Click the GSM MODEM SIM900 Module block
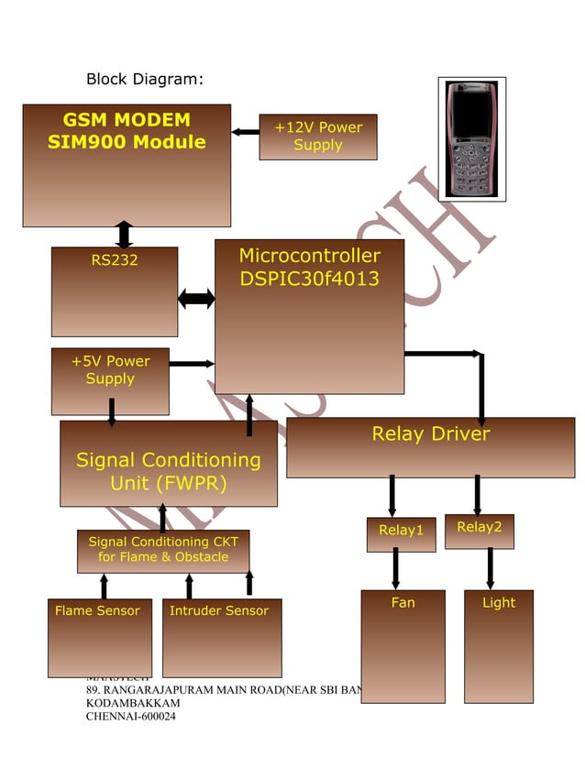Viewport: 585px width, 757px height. tap(127, 165)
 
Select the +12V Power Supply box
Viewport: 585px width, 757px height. tap(317, 137)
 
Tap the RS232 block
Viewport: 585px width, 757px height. tap(115, 291)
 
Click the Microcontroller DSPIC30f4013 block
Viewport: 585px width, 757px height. tap(309, 316)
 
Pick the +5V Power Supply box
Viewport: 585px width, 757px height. tap(110, 380)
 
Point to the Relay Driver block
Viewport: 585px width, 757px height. tap(430, 446)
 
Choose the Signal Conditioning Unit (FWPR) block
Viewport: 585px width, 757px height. tap(168, 464)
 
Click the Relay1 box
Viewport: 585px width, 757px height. tap(401, 533)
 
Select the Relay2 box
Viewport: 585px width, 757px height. tap(480, 531)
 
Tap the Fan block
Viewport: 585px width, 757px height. tap(403, 645)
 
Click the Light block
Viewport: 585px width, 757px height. tap(498, 645)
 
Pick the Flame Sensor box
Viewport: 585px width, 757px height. tap(99, 637)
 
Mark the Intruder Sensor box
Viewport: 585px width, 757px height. tap(221, 637)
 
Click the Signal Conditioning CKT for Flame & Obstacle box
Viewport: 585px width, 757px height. tap(162, 550)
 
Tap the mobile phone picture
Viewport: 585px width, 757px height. tap(471, 138)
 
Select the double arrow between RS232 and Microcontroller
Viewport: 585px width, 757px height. tap(196, 298)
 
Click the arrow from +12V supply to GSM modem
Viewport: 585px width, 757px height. tap(245, 132)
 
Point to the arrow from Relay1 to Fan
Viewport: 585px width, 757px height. tap(395, 568)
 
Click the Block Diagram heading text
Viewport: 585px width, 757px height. tap(144, 79)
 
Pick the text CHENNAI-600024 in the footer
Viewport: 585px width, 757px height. tap(130, 716)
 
